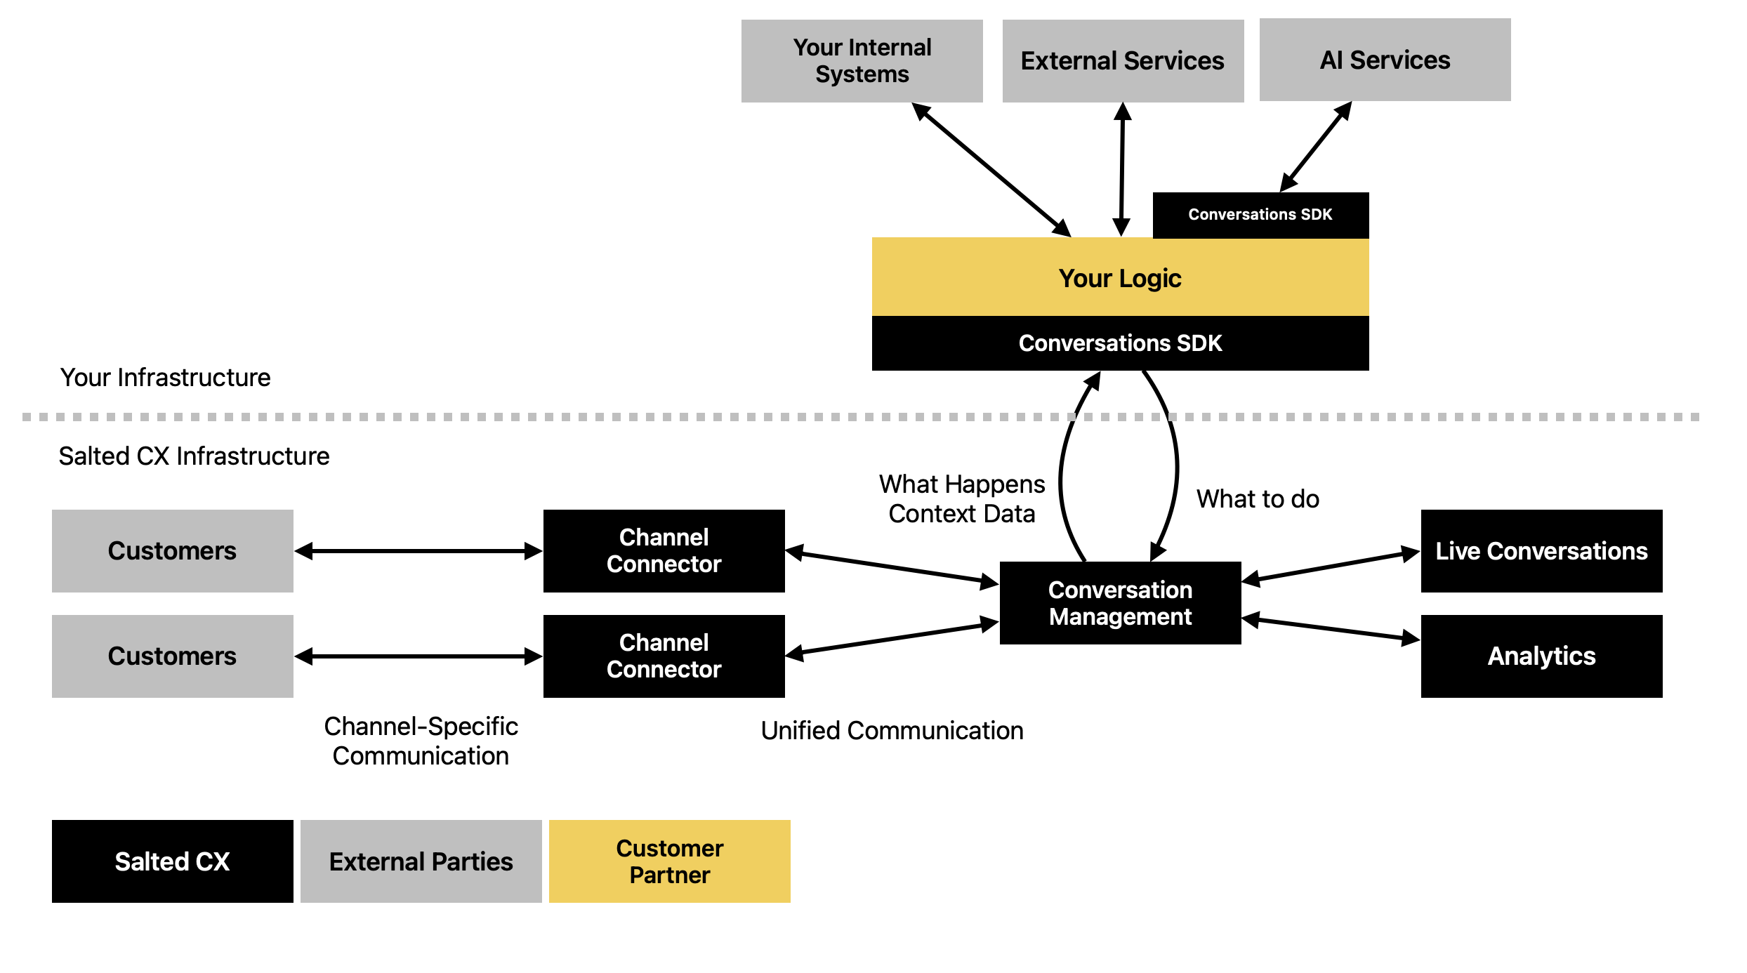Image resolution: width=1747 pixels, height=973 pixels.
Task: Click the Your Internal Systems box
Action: click(862, 61)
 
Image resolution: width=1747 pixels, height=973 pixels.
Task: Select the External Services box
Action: click(1122, 61)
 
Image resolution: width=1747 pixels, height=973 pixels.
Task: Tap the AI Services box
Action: click(1385, 60)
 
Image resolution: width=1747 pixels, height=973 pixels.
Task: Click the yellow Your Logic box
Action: click(1120, 278)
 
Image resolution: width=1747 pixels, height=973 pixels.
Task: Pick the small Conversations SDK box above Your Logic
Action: click(1260, 215)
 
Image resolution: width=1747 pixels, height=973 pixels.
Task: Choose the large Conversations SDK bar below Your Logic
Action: click(1120, 343)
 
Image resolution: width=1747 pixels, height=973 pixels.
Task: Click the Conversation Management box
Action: click(1120, 603)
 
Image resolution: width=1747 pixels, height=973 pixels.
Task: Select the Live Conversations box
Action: click(1541, 551)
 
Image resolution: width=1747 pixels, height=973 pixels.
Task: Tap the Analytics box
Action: click(1541, 656)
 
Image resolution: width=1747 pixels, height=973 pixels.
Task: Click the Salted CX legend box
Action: click(172, 861)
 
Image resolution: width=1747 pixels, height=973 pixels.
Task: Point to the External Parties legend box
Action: click(421, 861)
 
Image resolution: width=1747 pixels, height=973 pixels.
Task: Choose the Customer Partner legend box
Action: click(669, 861)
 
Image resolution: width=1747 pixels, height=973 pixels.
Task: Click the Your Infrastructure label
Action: click(165, 378)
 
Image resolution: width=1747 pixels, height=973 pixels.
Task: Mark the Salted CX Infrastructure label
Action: click(194, 456)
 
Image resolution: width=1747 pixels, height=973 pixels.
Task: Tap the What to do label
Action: click(1258, 499)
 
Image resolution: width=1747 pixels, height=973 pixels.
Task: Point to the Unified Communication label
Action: click(892, 731)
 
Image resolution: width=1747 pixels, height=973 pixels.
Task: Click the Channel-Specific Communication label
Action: click(421, 741)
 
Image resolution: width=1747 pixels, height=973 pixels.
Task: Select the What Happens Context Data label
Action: click(962, 499)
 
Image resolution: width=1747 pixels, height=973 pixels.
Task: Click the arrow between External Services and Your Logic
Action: click(1122, 170)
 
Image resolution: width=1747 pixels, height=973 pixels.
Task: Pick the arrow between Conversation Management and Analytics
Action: click(1331, 630)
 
